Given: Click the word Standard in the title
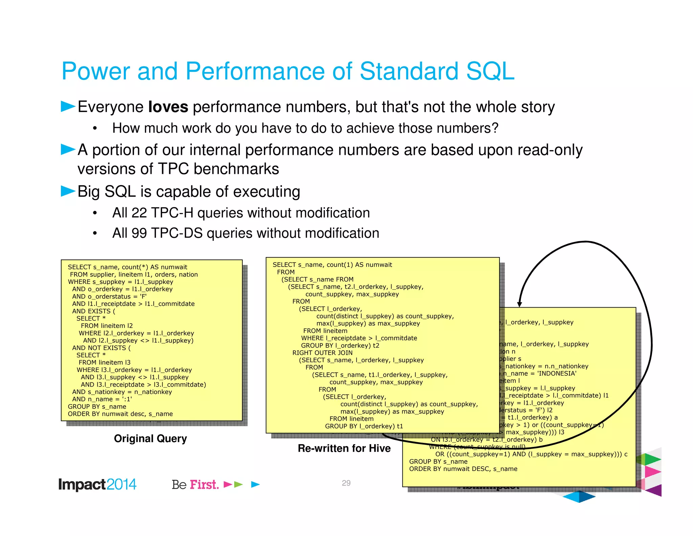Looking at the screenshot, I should [408, 71].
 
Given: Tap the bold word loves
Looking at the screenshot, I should [168, 107].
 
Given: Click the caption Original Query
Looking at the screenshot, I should [150, 438].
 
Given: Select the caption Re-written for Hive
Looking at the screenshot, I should [344, 448].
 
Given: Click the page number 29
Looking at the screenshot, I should [346, 483].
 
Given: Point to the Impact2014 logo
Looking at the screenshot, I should [97, 484].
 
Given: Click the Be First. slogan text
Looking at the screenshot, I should [195, 485].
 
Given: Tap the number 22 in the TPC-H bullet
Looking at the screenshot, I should [139, 213].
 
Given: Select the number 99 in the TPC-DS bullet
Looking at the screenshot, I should [139, 233].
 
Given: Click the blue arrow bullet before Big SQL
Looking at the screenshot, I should [68, 191].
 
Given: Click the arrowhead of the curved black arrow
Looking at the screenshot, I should [520, 304].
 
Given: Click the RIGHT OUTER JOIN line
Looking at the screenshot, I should [322, 353].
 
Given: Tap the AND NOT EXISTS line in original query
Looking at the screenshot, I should [101, 348].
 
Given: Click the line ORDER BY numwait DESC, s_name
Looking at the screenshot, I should [463, 469].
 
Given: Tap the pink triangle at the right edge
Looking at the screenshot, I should [652, 472].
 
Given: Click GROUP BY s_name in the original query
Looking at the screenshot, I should [97, 407].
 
